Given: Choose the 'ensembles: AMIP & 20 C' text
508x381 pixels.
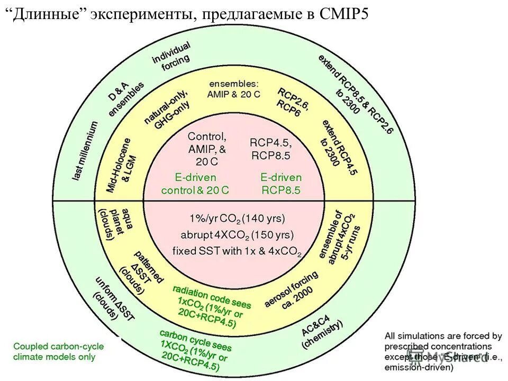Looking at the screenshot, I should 233,88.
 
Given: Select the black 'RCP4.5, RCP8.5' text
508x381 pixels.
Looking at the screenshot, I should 270,149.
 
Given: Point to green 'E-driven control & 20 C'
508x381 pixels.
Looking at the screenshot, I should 195,184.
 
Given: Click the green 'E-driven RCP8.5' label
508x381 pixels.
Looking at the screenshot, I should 280,184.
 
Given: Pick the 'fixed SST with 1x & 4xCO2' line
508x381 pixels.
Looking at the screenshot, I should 237,251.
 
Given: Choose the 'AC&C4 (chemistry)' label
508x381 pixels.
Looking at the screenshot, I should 322,332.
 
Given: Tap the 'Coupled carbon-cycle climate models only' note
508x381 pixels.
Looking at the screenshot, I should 59,351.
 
